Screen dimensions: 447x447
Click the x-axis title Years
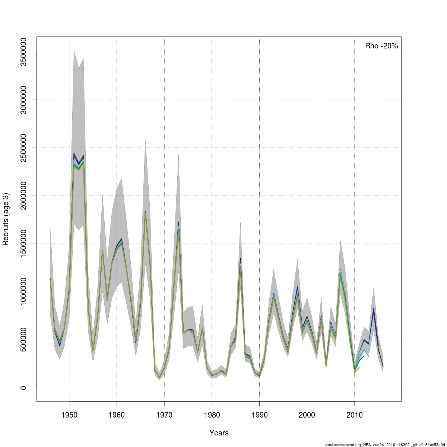pyautogui.click(x=219, y=433)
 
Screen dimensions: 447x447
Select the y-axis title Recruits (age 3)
pyautogui.click(x=6, y=219)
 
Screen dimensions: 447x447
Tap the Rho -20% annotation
pyautogui.click(x=381, y=46)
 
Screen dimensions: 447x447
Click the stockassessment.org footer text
pyautogui.click(x=385, y=444)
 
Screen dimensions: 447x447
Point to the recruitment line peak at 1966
pyautogui.click(x=145, y=212)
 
